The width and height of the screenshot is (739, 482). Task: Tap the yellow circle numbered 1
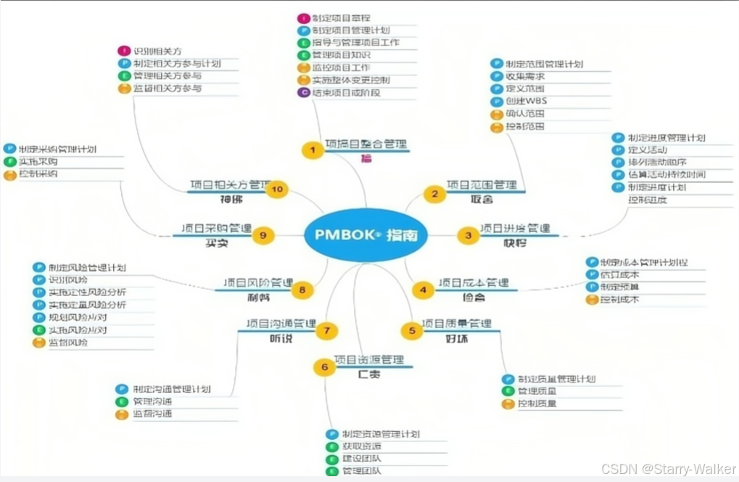click(313, 150)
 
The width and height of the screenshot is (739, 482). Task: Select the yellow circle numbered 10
click(276, 190)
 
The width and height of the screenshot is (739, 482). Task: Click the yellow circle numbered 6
click(324, 367)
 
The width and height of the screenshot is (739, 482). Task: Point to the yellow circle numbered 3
click(468, 234)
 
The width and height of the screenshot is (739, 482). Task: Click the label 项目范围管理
click(481, 185)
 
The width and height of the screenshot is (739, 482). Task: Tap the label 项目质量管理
click(456, 323)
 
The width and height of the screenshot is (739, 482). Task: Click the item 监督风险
click(68, 342)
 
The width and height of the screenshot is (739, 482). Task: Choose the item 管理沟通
click(152, 401)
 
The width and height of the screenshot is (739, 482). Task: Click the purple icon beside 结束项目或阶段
click(304, 92)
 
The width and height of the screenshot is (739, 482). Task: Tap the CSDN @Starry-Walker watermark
click(669, 468)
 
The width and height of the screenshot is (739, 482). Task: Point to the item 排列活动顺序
click(657, 162)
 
